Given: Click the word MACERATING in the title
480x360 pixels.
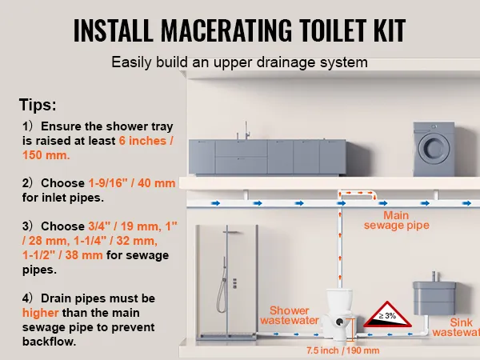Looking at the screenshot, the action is (x=226, y=30).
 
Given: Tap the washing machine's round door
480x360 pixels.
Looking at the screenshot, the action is (x=434, y=147).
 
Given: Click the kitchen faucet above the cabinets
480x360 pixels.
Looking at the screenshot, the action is (x=246, y=130).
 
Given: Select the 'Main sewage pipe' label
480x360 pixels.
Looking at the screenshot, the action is (x=397, y=220).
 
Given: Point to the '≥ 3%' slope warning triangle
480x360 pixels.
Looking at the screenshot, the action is (x=387, y=314).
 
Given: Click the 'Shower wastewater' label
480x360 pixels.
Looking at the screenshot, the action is (x=290, y=315).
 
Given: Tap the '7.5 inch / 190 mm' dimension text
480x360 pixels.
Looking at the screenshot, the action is (x=343, y=350).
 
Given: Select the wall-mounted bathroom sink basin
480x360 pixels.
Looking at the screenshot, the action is (x=434, y=298).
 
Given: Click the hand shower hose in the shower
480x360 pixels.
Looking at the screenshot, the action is (x=222, y=292).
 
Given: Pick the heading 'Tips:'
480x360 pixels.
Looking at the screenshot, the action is (x=38, y=105).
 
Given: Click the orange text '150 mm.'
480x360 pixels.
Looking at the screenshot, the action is (x=46, y=155).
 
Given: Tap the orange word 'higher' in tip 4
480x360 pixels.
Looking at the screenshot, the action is (x=41, y=313).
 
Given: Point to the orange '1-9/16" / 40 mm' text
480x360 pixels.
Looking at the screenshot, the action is (x=132, y=183).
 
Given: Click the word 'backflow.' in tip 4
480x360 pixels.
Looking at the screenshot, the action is (x=49, y=342).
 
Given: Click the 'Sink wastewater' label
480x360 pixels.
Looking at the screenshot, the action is (x=456, y=327).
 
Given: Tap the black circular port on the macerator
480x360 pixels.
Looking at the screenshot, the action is (x=339, y=322).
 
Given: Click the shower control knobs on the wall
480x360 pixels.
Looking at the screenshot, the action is (x=234, y=283).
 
